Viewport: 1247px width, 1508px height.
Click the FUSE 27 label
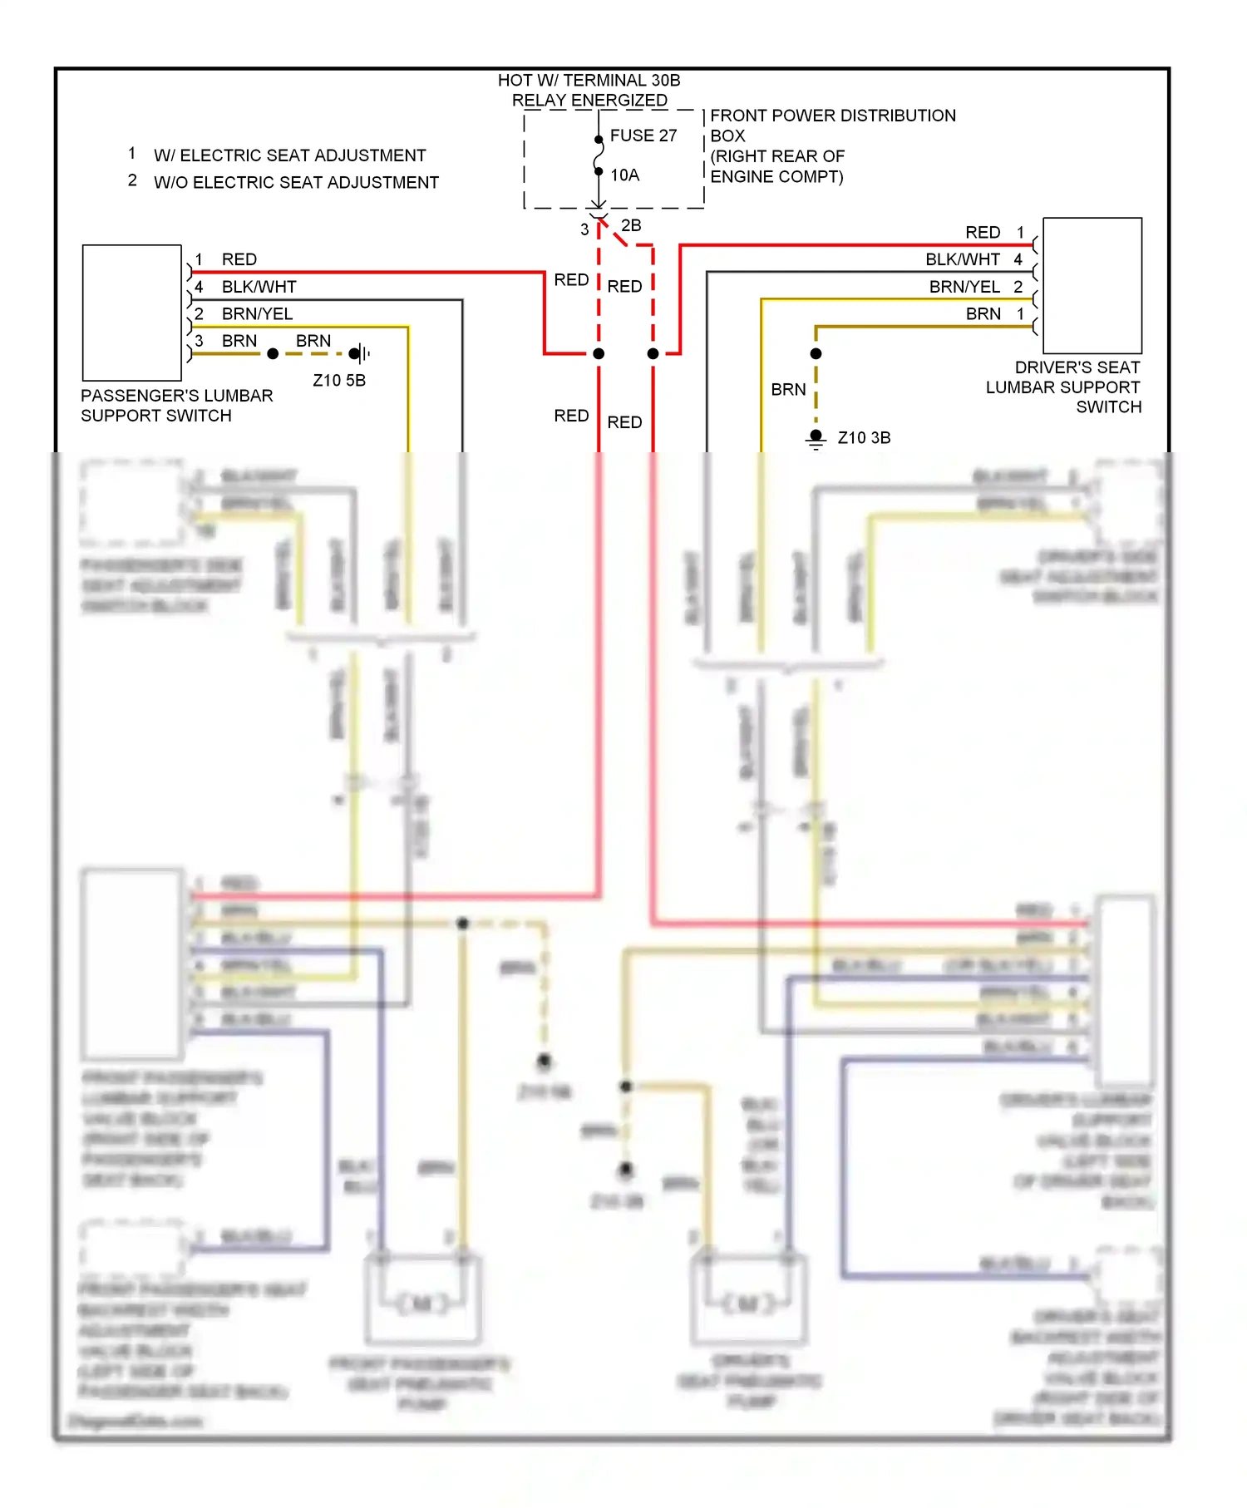click(x=643, y=136)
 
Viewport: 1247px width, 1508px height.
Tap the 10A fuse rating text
click(x=624, y=175)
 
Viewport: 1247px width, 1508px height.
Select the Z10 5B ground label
click(x=338, y=381)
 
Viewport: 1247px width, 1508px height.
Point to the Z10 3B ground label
click(x=864, y=438)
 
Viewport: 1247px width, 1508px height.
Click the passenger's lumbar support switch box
click(x=132, y=313)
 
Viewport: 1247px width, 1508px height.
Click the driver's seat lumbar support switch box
click(x=1092, y=286)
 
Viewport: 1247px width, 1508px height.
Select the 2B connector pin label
click(x=631, y=225)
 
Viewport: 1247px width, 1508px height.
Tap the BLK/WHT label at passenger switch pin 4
click(x=259, y=287)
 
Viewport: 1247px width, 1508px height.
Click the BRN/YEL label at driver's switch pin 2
click(x=964, y=287)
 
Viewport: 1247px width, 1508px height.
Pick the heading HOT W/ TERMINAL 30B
click(x=589, y=81)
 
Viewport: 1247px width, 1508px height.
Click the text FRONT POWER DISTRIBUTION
click(x=832, y=116)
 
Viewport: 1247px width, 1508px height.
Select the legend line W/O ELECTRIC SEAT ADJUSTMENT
click(x=296, y=183)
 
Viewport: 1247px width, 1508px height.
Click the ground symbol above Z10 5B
click(x=359, y=353)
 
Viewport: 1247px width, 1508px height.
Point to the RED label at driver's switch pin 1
click(x=983, y=233)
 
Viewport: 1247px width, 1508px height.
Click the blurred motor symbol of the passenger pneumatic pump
click(x=422, y=1303)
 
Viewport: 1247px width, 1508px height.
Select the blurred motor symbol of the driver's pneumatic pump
click(x=748, y=1303)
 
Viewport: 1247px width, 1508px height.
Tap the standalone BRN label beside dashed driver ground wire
click(x=788, y=390)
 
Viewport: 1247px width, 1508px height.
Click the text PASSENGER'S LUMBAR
click(x=176, y=396)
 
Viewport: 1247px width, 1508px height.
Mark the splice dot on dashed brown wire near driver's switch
click(x=816, y=354)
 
